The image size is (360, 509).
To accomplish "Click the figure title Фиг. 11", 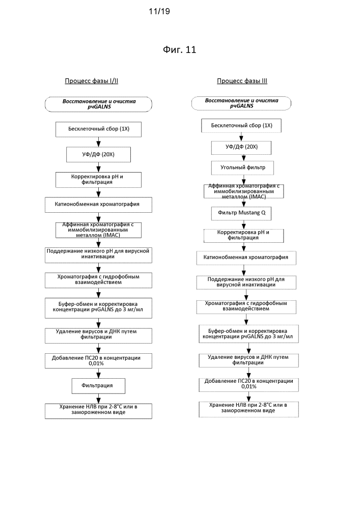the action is [180, 49].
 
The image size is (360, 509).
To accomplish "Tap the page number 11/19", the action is [159, 11].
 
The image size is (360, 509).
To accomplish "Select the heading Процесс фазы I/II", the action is [92, 81].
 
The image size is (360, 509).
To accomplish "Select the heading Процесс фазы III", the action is [242, 81].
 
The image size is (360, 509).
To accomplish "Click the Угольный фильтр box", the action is [242, 167].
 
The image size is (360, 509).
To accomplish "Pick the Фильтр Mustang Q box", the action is [241, 213].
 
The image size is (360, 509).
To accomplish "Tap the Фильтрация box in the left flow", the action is [98, 386].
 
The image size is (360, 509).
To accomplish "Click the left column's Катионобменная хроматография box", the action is [98, 205].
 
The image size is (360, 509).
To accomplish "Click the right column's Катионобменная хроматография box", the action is [246, 258].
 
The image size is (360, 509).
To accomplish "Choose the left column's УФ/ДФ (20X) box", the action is [98, 155].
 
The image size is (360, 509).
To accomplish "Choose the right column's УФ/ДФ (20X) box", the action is [241, 148].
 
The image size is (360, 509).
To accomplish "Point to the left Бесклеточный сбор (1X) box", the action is [98, 129].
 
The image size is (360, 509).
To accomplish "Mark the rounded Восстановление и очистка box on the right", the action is [241, 103].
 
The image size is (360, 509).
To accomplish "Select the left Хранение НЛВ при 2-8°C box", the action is [98, 411].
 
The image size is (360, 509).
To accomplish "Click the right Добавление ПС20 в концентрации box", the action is [248, 384].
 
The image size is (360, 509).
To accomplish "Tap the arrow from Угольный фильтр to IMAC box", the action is [244, 180].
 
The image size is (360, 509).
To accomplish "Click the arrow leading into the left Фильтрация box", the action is [98, 373].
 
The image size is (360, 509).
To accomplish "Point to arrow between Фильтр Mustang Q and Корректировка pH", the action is [244, 224].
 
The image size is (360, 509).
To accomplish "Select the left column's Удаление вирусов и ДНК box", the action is [98, 335].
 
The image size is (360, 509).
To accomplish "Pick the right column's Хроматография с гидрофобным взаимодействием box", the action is [246, 307].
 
